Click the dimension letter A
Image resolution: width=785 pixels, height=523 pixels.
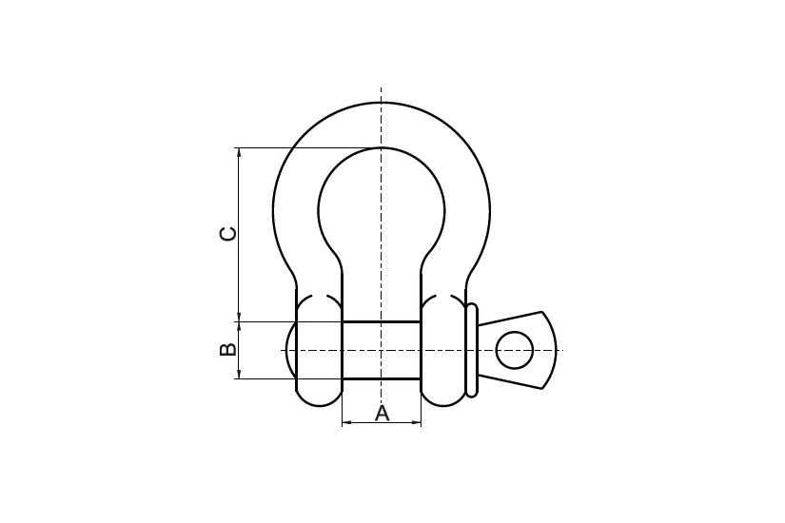tap(382, 414)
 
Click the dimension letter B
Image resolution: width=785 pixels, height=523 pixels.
tap(228, 349)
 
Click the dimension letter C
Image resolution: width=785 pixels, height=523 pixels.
tap(228, 233)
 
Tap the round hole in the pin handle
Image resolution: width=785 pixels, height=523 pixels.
tap(514, 350)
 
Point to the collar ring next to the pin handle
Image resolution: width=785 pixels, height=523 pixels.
tap(471, 350)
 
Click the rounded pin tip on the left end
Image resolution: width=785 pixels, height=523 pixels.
tap(290, 350)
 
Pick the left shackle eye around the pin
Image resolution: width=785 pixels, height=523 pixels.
tap(320, 350)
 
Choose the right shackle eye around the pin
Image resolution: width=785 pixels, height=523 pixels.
tap(443, 350)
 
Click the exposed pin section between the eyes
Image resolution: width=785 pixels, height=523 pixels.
tap(382, 350)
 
